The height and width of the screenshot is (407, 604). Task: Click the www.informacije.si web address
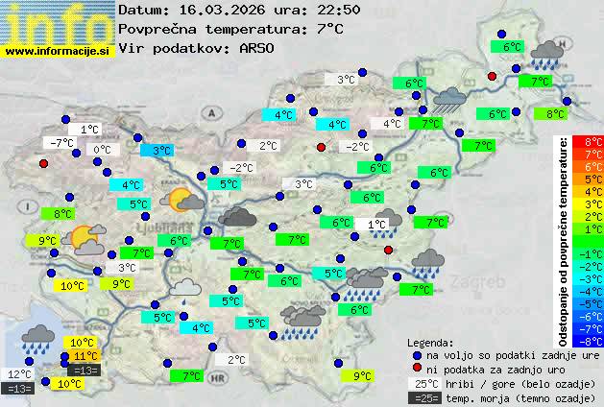58,51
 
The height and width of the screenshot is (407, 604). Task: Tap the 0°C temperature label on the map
101,150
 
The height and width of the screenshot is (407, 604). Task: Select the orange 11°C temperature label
85,356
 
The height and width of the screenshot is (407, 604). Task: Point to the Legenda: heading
430,343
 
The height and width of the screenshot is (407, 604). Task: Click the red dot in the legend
418,369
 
